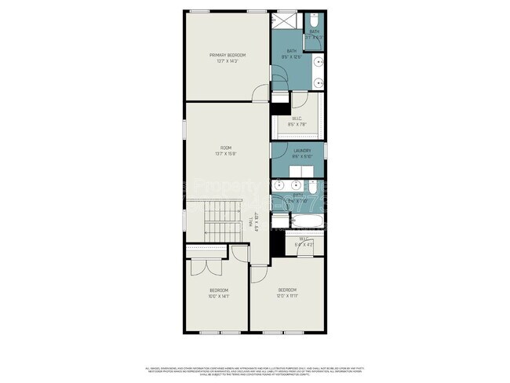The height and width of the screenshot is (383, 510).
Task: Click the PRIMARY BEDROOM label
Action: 228,55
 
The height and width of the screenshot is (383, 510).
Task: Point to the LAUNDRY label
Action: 302,150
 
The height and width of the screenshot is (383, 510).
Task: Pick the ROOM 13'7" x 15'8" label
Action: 226,151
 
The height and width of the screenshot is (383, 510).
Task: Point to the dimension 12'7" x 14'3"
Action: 228,60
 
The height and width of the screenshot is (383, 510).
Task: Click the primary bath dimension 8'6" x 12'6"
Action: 291,57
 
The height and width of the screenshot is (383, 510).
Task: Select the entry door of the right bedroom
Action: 258,275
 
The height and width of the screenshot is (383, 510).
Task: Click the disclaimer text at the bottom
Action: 255,369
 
